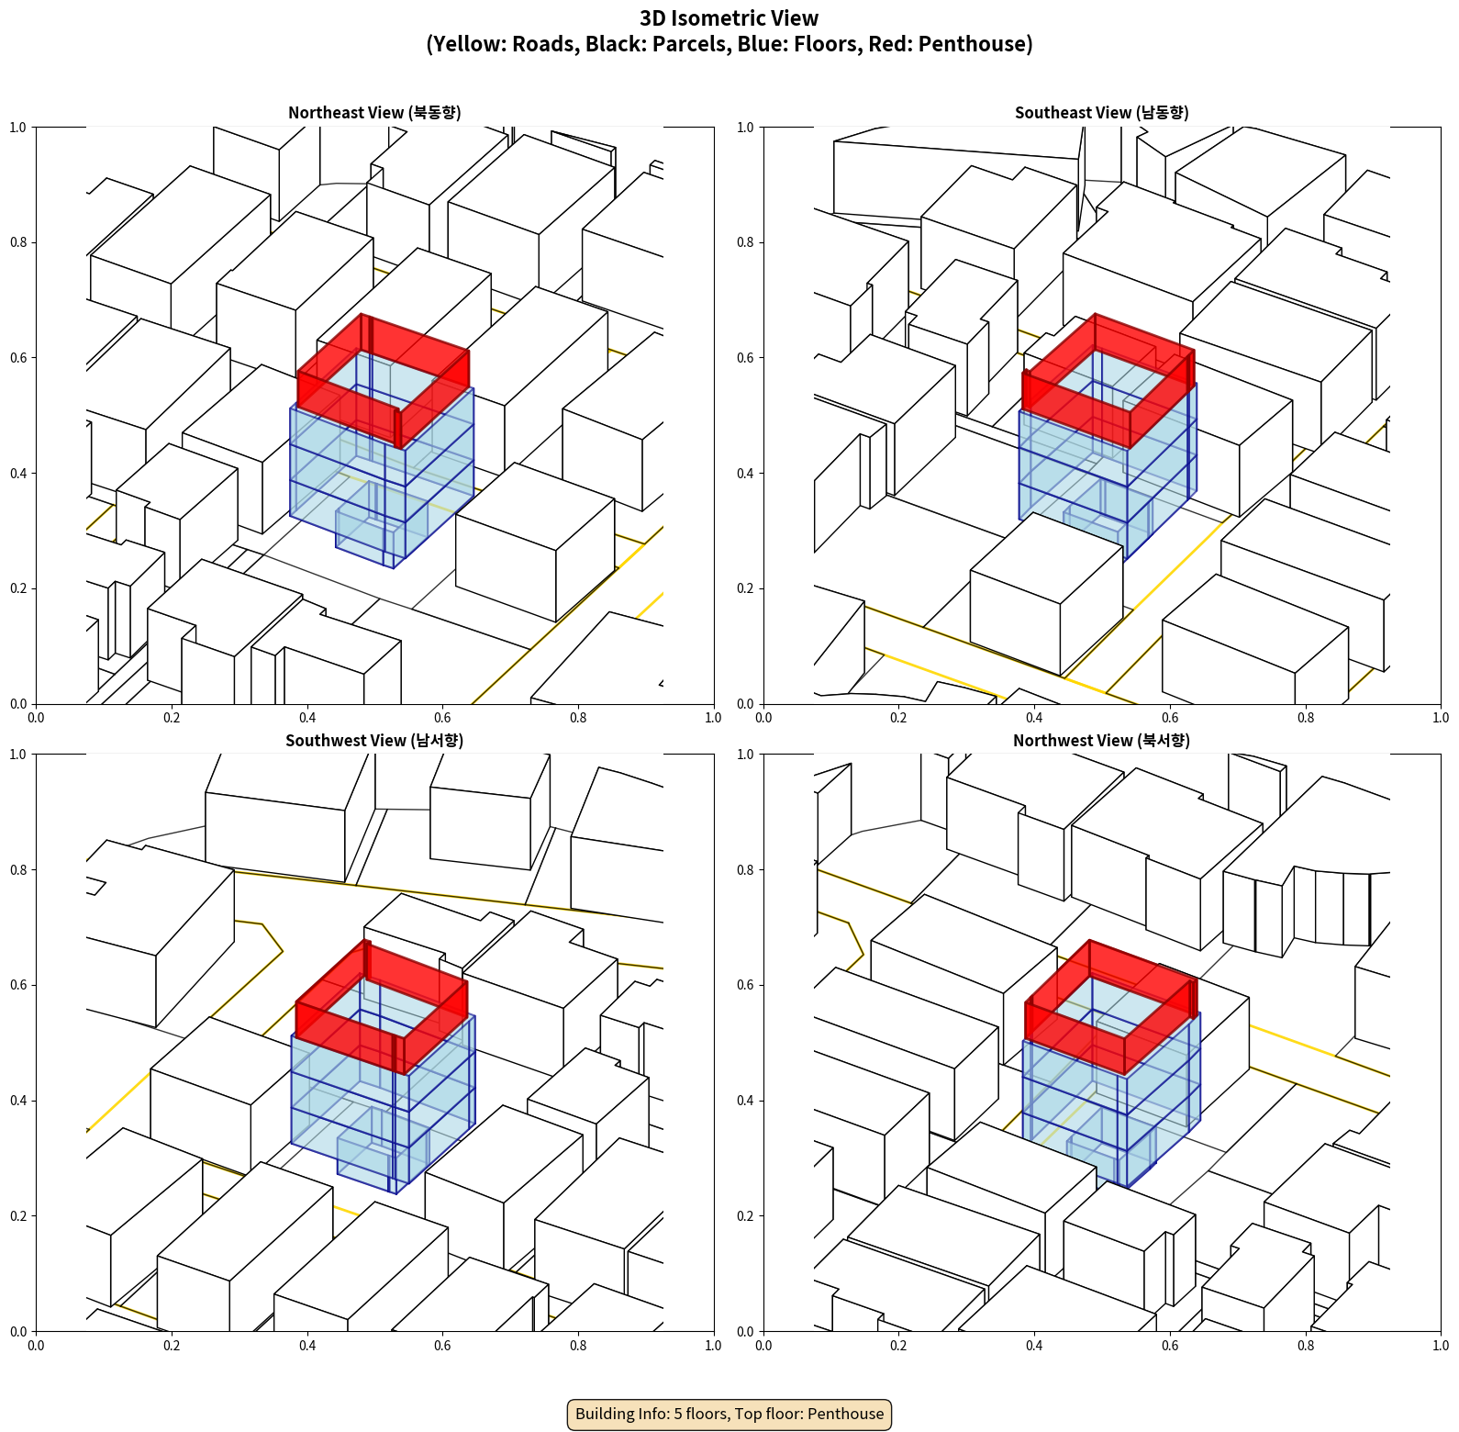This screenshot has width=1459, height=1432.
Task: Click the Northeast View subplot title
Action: (374, 113)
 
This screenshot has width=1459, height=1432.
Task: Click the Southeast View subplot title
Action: (1101, 113)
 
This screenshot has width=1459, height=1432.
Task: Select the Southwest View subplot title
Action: (374, 741)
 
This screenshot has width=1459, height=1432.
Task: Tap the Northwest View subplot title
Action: (1101, 741)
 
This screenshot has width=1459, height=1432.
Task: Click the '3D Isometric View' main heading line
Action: (729, 18)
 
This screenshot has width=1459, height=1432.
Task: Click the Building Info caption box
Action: (729, 1414)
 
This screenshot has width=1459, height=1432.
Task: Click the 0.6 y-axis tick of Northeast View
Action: (18, 358)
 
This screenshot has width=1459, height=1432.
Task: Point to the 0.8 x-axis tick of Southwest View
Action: (578, 1346)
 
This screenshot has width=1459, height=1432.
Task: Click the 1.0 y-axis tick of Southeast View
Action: (745, 128)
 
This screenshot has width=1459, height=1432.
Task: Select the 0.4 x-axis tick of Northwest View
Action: (1034, 1346)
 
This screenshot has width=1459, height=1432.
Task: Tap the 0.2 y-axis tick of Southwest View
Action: (18, 1216)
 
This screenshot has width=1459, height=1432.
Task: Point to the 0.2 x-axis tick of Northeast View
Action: (172, 718)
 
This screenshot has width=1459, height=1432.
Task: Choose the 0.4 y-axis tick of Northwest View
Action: (745, 1101)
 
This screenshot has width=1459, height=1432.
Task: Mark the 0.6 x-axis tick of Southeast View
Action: (1170, 718)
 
